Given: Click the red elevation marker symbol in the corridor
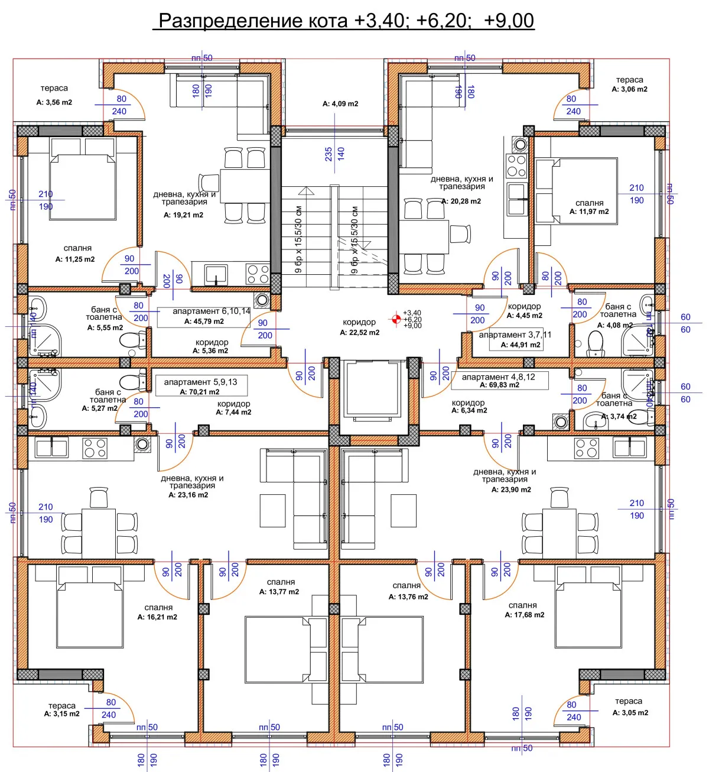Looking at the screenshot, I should [x=396, y=319].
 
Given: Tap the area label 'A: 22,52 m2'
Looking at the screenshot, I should [x=359, y=333].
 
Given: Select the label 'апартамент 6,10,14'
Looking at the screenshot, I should [x=211, y=311].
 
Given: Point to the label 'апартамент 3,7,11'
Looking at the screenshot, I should [x=515, y=335].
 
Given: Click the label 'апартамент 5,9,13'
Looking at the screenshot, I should [x=200, y=382].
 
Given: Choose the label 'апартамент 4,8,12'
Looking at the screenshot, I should [x=498, y=377].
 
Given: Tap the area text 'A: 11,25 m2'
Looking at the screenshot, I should [x=75, y=259].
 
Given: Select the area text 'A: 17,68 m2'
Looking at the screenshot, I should [x=524, y=615].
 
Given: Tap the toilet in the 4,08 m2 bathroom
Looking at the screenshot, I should [x=596, y=342].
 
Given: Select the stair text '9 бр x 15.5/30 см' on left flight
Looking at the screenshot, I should [x=298, y=239].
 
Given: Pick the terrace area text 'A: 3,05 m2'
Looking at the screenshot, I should [x=630, y=712].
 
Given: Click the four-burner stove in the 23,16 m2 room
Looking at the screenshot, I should [x=95, y=448].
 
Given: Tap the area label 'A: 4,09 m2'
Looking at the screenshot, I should [x=340, y=103].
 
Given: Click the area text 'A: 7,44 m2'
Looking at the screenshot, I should [x=233, y=412].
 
